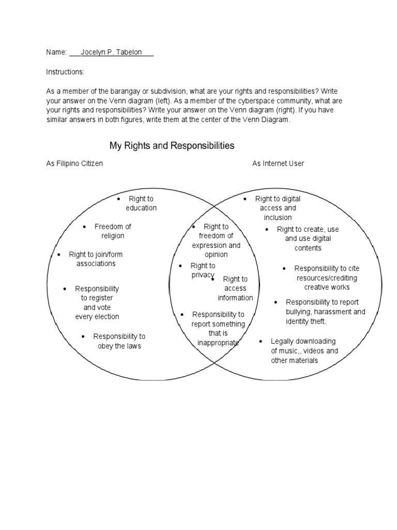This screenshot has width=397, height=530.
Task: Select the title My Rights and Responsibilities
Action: click(x=172, y=145)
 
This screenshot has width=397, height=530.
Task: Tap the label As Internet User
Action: click(x=278, y=164)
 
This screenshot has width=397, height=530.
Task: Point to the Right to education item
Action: click(x=141, y=203)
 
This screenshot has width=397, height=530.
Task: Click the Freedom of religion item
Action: click(x=113, y=231)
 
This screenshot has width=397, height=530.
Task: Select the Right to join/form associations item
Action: click(x=96, y=259)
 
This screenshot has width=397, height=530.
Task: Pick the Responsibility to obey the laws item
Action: click(x=119, y=341)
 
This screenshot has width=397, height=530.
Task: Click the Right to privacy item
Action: click(x=203, y=270)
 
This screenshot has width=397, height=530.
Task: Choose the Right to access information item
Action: click(x=235, y=288)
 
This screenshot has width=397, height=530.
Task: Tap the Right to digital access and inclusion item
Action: click(x=278, y=208)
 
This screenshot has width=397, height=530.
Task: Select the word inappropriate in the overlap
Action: click(x=218, y=343)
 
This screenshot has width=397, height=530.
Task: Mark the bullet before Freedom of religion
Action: click(x=84, y=227)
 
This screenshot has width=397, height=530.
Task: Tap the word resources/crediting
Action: click(x=327, y=278)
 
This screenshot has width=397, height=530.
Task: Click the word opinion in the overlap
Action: click(x=216, y=255)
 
